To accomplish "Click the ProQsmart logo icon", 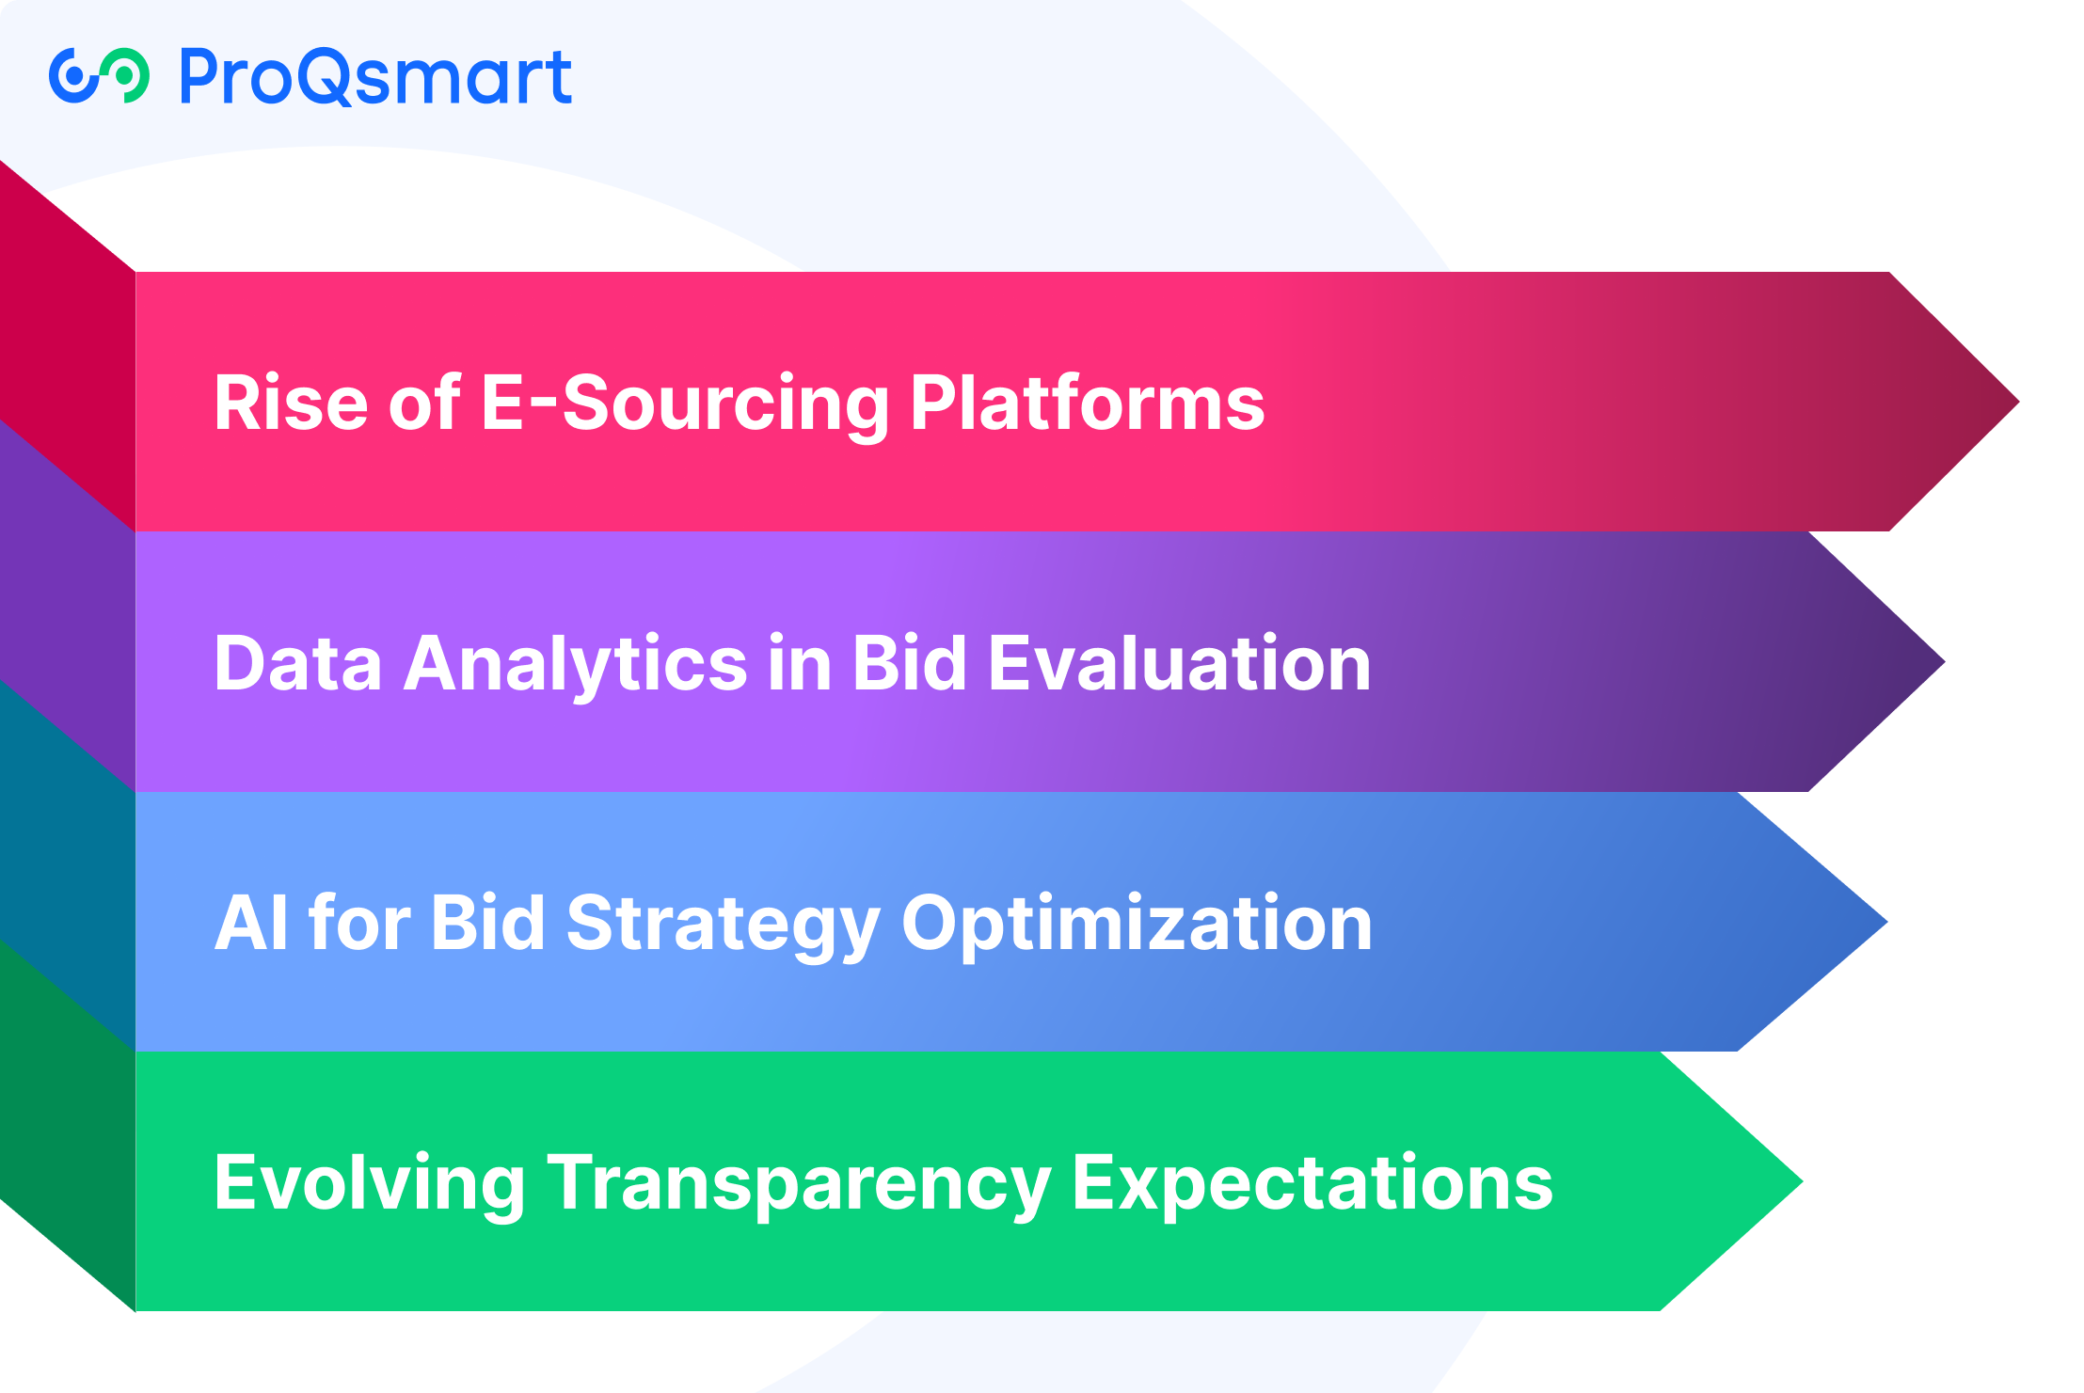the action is pos(99,75).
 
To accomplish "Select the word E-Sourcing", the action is pos(685,404).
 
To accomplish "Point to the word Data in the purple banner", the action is pos(298,663).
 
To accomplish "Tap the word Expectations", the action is pos(1312,1184).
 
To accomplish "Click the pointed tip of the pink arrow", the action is pos(2018,402).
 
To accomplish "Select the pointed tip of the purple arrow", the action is pos(1944,662).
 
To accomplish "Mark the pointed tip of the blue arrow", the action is pos(1886,923).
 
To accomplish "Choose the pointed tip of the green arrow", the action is pos(1802,1181).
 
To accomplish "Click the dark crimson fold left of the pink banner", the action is pos(68,346).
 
